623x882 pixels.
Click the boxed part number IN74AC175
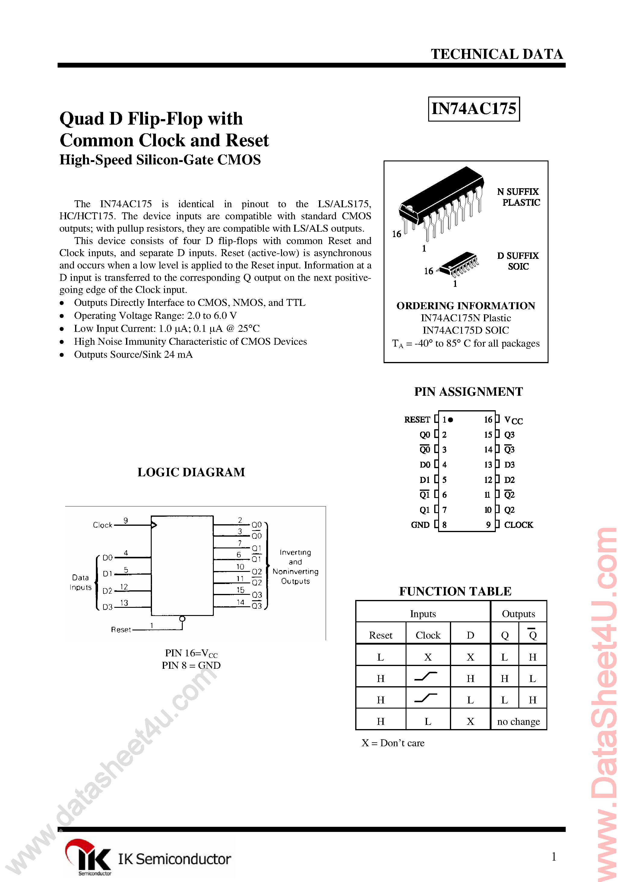click(474, 109)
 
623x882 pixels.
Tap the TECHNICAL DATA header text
click(497, 54)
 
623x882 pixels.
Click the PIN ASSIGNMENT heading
click(468, 392)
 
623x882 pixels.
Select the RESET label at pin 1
click(417, 420)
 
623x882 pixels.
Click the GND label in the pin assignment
click(420, 525)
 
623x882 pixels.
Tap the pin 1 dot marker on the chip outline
click(451, 420)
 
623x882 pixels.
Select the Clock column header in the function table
click(428, 635)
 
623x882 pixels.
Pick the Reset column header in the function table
click(380, 635)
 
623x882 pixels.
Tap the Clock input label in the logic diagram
click(103, 525)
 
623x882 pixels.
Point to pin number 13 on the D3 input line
click(124, 603)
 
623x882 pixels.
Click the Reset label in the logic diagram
click(121, 630)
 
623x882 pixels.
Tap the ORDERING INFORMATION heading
click(466, 306)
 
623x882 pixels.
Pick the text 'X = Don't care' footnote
click(393, 743)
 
